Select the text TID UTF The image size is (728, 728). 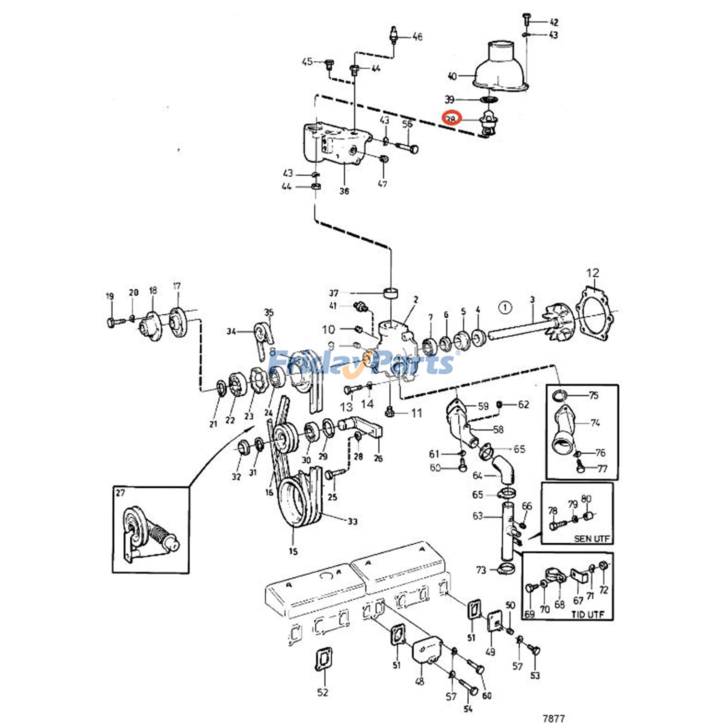587,614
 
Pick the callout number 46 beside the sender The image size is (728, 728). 417,36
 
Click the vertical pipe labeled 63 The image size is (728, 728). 507,530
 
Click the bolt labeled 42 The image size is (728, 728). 526,19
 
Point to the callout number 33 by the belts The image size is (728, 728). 353,521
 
